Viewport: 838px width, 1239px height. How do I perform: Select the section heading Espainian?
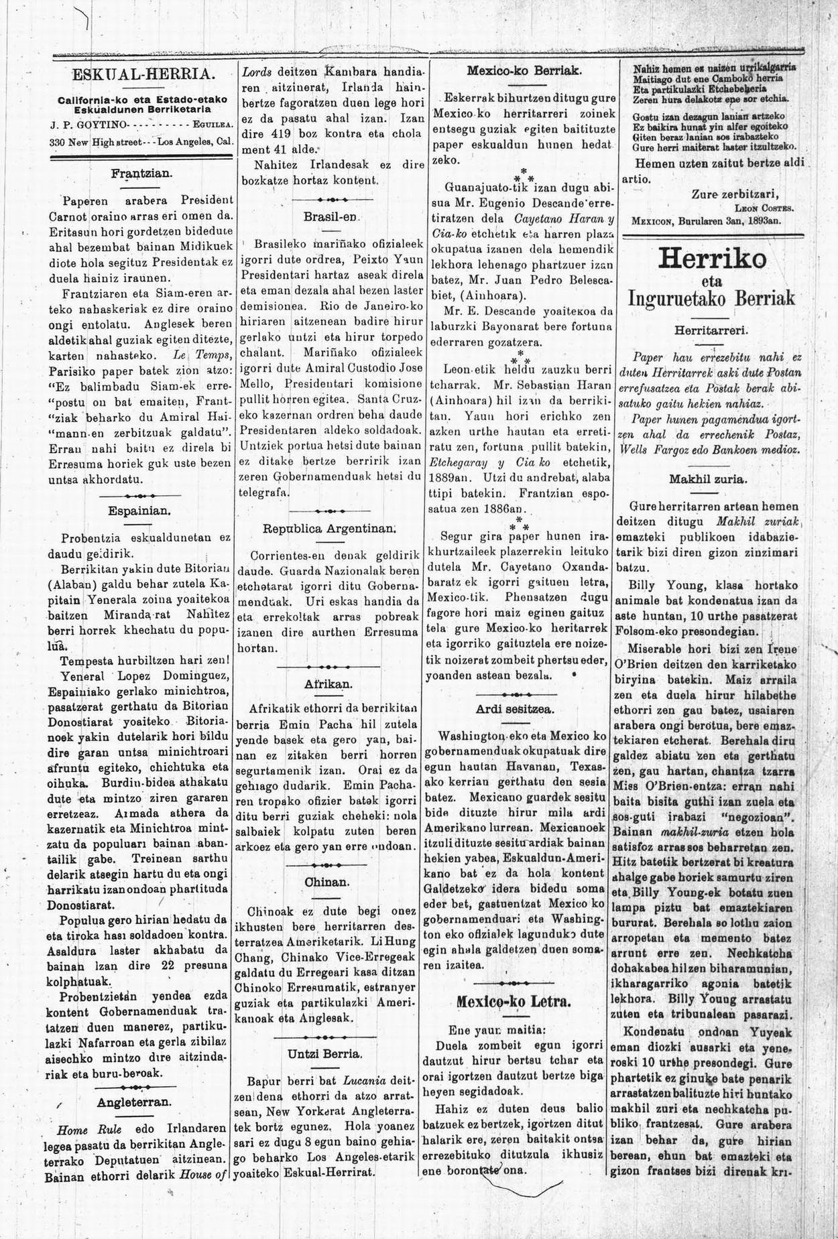coord(140,510)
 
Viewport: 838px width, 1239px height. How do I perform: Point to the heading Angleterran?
coord(134,1101)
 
